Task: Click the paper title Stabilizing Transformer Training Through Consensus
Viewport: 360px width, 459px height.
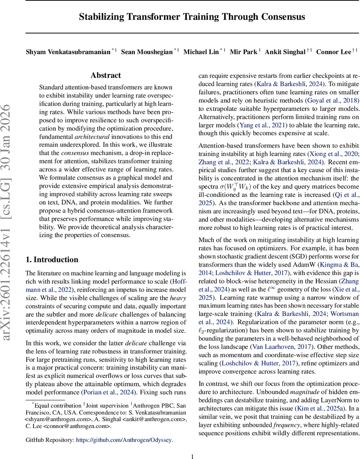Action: [191, 17]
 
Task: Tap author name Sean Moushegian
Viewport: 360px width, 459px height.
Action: [147, 52]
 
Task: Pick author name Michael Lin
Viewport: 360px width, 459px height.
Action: [201, 52]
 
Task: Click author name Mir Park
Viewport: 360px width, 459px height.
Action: [243, 52]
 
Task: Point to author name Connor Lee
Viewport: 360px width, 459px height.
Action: [333, 52]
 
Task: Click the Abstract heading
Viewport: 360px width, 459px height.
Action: [106, 75]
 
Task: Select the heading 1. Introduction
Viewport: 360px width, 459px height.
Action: [52, 260]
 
